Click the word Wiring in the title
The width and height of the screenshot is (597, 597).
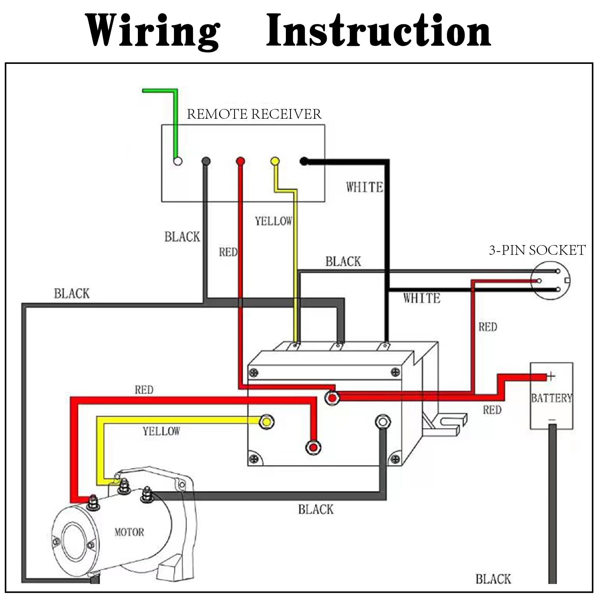(x=153, y=32)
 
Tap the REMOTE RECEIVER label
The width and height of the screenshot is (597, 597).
(x=254, y=114)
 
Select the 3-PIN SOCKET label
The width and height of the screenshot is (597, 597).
(x=537, y=250)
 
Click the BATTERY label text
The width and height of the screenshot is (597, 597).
(x=551, y=398)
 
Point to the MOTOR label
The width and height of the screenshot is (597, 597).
(x=129, y=532)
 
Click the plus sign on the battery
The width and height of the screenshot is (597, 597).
(x=551, y=376)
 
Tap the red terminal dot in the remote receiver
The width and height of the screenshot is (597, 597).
(x=240, y=161)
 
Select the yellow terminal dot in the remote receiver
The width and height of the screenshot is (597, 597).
(x=275, y=161)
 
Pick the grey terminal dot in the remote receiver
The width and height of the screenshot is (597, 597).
(x=206, y=161)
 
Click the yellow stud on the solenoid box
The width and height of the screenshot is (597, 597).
(x=267, y=422)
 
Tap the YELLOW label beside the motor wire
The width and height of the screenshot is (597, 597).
(x=161, y=431)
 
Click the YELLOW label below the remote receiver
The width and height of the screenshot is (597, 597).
(x=273, y=221)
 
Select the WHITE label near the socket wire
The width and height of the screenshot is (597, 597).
(x=422, y=298)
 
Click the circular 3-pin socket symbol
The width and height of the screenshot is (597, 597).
(x=550, y=280)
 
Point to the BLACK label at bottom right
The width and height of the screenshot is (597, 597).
(x=493, y=579)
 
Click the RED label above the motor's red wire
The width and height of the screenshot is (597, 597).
(x=144, y=390)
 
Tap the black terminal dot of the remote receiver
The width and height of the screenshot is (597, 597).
(x=304, y=161)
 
